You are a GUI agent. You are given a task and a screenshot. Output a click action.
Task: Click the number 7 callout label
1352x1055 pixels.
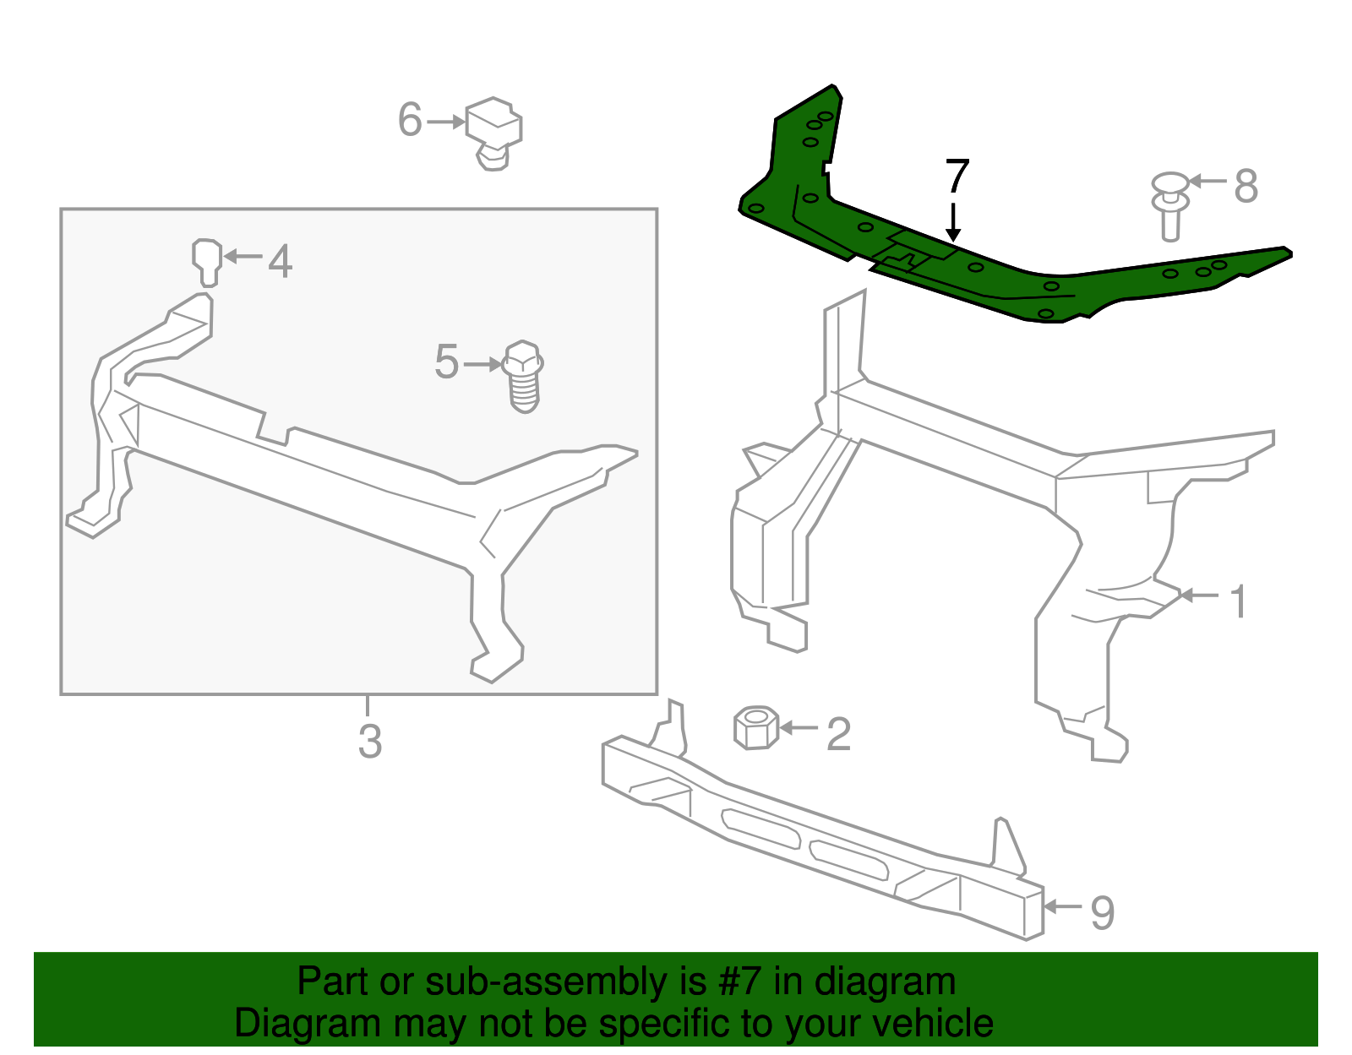coord(957,177)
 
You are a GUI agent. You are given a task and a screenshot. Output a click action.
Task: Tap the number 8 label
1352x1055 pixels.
coord(1246,186)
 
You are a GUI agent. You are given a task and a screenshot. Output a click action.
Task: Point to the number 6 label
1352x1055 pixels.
coord(410,120)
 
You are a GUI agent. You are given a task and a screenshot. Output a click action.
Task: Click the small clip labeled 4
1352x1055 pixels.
coord(207,261)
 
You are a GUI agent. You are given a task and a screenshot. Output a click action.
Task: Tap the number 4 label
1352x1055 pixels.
coord(281,261)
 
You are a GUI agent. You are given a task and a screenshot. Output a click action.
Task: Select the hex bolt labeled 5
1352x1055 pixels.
coord(523,377)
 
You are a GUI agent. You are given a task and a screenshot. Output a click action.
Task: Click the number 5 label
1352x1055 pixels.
coord(446,362)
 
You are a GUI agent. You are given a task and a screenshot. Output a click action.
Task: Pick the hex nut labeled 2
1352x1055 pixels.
coord(755,727)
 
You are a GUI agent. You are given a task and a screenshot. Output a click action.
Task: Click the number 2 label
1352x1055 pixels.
coord(837,734)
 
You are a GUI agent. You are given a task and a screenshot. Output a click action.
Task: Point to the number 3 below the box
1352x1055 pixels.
coord(370,742)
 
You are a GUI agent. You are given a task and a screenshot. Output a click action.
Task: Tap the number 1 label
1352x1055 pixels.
coord(1238,602)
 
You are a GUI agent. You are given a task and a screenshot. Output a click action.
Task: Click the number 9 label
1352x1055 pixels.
coord(1103,913)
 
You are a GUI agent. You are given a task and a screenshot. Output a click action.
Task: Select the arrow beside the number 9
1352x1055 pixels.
coord(1063,906)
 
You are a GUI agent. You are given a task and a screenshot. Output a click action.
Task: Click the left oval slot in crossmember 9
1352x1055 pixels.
coord(760,828)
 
